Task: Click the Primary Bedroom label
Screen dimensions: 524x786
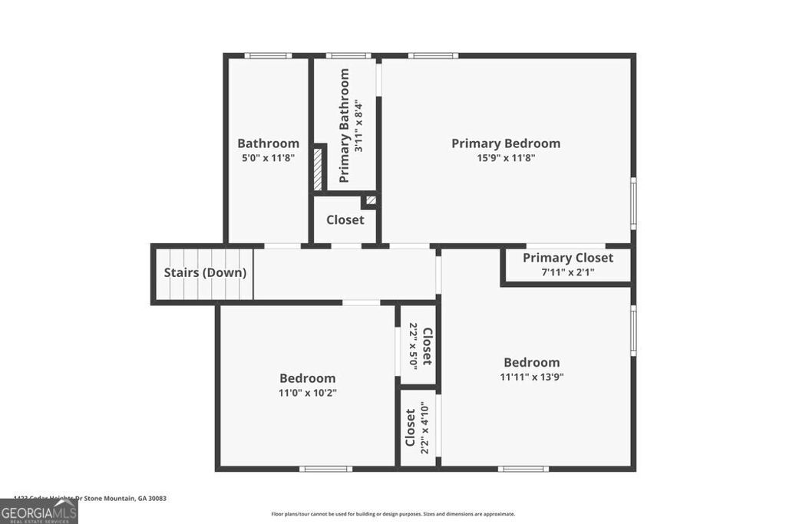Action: click(x=505, y=143)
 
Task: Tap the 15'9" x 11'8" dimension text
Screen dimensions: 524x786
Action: click(x=505, y=158)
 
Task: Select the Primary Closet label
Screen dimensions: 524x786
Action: click(x=568, y=258)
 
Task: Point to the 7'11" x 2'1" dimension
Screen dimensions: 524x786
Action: click(x=568, y=272)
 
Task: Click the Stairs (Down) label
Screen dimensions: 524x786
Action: click(x=205, y=272)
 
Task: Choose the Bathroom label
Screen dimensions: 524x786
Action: click(x=268, y=143)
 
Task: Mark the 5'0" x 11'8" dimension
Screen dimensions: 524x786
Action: click(x=268, y=158)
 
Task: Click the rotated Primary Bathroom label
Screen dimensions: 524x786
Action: click(x=344, y=126)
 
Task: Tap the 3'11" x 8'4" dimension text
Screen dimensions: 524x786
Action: click(x=358, y=126)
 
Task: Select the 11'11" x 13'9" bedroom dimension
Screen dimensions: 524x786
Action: click(x=531, y=377)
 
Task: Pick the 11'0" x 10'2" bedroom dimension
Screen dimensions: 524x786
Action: click(x=307, y=392)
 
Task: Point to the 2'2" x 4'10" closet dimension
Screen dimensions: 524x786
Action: click(x=424, y=428)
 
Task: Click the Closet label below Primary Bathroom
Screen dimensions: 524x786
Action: click(x=345, y=220)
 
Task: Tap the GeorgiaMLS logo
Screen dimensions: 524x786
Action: click(x=38, y=512)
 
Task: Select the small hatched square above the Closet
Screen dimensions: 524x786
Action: click(x=371, y=200)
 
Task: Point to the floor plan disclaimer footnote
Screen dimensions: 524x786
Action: click(x=393, y=514)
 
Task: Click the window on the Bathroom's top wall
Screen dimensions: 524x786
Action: click(x=268, y=55)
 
